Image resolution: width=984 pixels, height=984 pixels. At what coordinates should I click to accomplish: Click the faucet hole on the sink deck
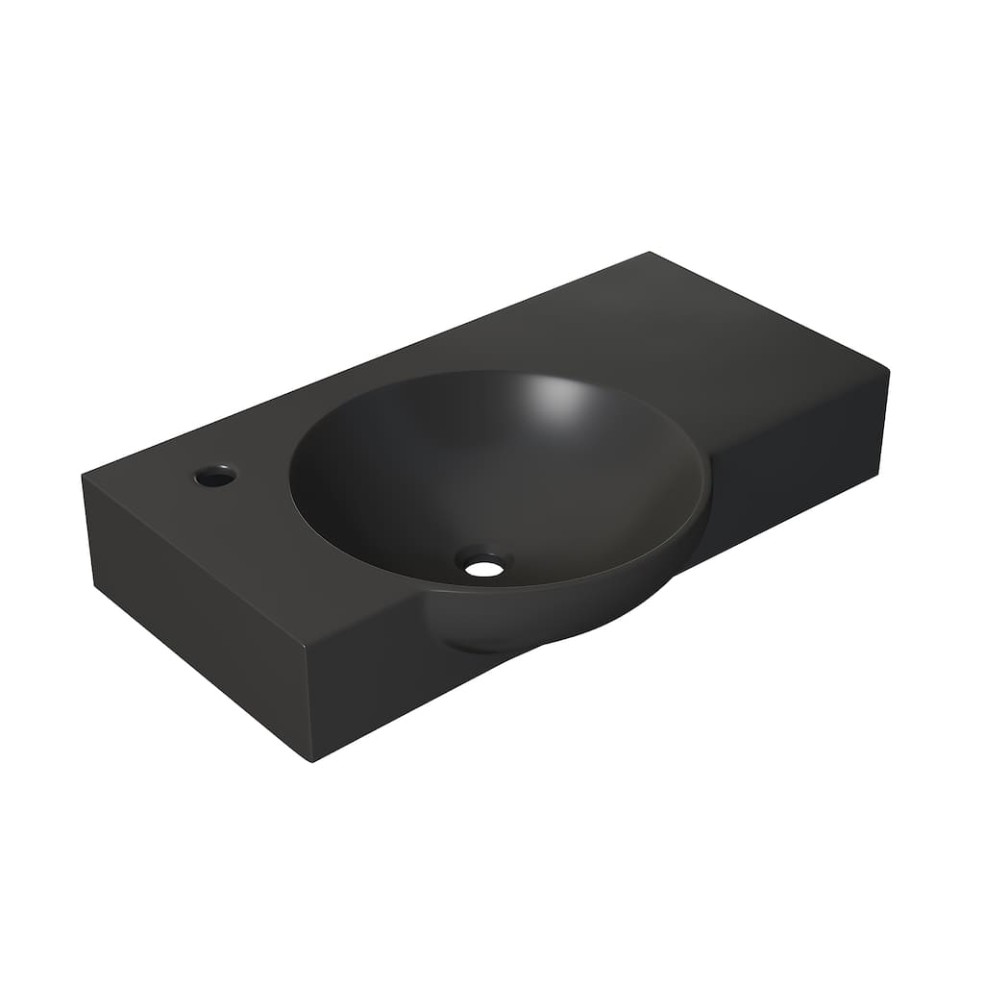point(214,476)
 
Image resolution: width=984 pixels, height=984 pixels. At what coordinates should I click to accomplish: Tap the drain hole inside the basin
point(484,567)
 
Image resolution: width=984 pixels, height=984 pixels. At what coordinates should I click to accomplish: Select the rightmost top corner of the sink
point(888,370)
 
